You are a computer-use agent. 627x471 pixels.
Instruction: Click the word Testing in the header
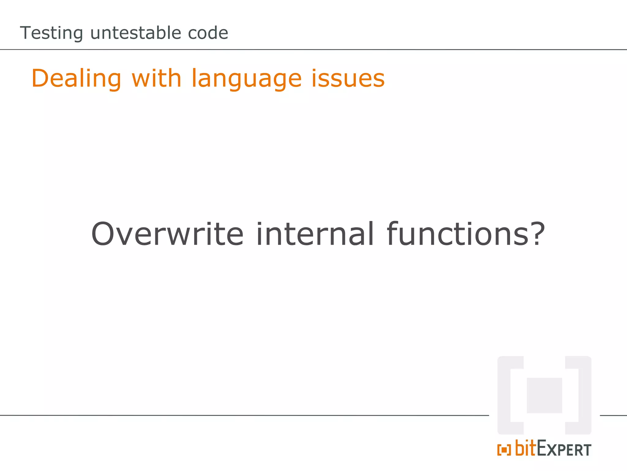pos(51,33)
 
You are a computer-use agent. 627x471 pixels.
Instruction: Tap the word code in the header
pos(208,33)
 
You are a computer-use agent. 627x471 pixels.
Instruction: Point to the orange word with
pos(156,78)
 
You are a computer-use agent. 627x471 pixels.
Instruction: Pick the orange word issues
pos(348,79)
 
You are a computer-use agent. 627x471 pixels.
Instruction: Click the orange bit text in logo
pos(526,448)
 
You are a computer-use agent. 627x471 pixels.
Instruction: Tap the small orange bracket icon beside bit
pos(504,450)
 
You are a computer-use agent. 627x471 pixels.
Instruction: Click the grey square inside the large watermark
pos(544,395)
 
